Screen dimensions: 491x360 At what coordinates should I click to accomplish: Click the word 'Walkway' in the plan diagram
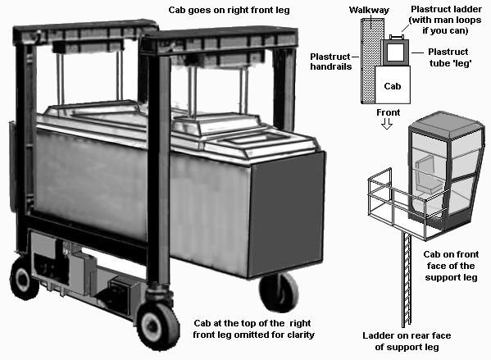369,11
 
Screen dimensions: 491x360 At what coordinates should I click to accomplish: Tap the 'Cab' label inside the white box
393,86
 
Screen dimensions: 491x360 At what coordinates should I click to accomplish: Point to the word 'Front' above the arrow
389,112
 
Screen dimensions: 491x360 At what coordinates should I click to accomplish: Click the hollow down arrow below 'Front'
387,124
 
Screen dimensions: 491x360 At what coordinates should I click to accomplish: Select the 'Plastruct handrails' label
330,62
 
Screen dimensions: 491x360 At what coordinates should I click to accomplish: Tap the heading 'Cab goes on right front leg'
229,10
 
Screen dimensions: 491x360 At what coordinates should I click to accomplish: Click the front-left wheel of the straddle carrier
158,323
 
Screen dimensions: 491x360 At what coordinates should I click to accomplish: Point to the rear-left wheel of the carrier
25,278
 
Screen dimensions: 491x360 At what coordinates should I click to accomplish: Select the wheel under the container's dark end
279,291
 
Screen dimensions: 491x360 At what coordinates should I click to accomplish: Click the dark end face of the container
286,215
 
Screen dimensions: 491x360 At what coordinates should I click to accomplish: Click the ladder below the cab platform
407,279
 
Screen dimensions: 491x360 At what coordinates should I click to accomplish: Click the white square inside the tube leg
395,52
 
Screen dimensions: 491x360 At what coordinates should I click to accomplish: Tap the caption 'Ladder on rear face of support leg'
407,341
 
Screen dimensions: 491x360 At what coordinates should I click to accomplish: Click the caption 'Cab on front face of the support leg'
451,266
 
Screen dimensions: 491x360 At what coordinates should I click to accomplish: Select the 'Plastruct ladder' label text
446,9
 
